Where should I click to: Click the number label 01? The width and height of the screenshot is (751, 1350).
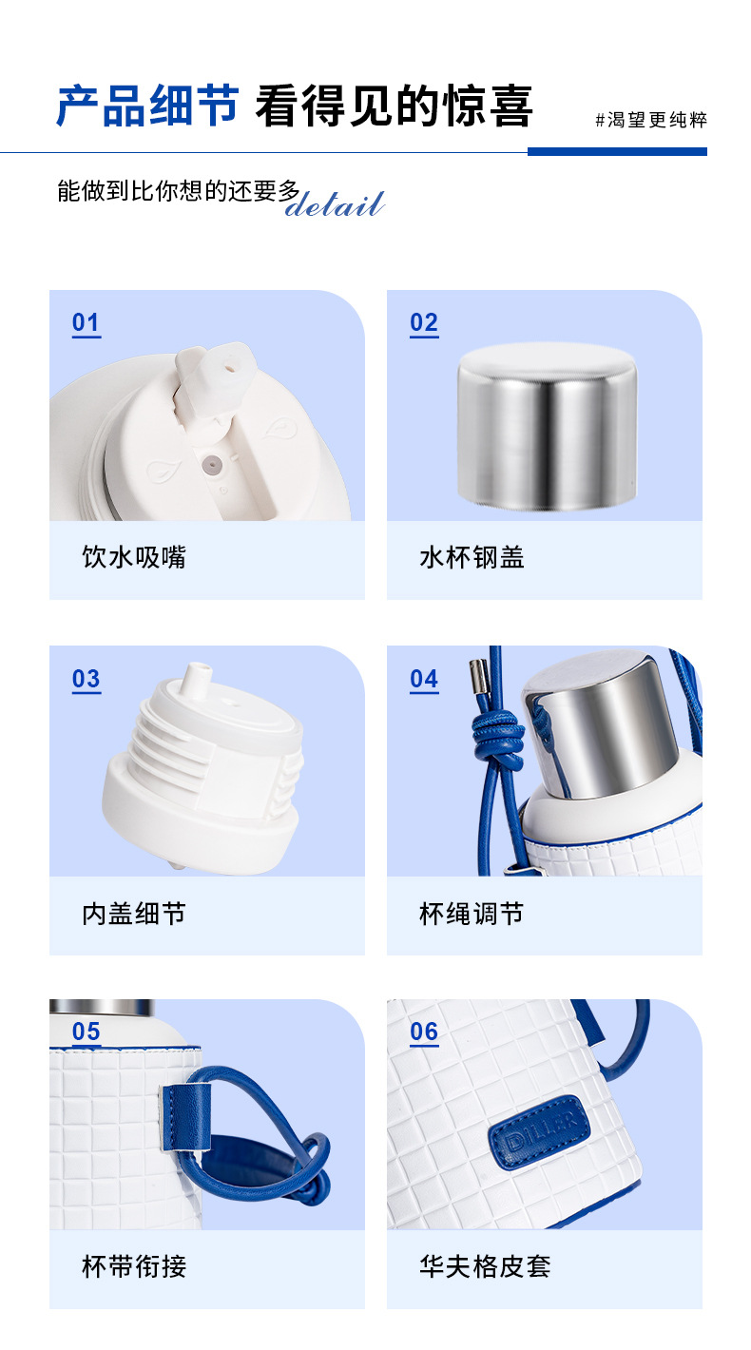click(86, 323)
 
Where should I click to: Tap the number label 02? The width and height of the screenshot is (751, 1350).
click(424, 323)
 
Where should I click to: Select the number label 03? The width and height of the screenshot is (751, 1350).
click(86, 680)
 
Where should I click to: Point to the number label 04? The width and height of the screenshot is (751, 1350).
click(424, 680)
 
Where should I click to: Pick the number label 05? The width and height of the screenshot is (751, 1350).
click(86, 1032)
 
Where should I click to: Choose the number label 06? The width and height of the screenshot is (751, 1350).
click(424, 1032)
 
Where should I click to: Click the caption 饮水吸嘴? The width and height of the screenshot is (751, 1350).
click(134, 557)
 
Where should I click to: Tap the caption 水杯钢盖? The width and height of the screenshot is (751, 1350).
click(472, 557)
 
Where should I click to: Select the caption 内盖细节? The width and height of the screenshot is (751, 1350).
click(134, 915)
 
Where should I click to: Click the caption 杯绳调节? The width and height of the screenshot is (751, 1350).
click(472, 915)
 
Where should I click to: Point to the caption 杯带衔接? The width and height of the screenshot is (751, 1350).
click(134, 1266)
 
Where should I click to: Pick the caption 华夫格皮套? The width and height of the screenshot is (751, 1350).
click(485, 1266)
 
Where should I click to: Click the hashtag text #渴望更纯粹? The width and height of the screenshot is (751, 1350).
click(651, 120)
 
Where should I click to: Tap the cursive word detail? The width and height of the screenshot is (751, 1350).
click(335, 204)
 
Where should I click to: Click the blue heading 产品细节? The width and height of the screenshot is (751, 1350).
click(147, 106)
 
